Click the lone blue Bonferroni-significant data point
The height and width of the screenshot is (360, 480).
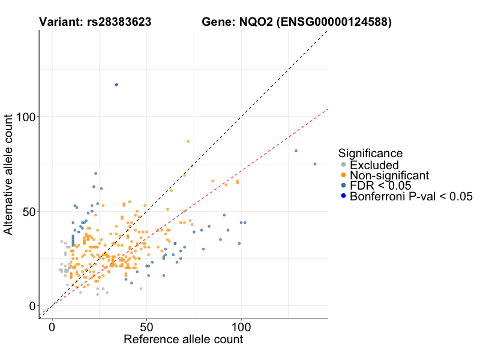coord(116,85)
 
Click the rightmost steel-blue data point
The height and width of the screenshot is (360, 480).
coord(315,164)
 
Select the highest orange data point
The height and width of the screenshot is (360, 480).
coord(188,141)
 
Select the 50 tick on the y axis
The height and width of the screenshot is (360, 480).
coord(28,211)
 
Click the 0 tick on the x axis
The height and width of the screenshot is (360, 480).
coord(52,328)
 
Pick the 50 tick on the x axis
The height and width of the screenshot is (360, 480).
coord(146,328)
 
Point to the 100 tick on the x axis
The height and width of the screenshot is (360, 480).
coord(241,328)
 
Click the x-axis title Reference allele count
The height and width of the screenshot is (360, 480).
coord(183,340)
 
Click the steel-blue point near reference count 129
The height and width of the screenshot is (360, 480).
coord(296,151)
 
